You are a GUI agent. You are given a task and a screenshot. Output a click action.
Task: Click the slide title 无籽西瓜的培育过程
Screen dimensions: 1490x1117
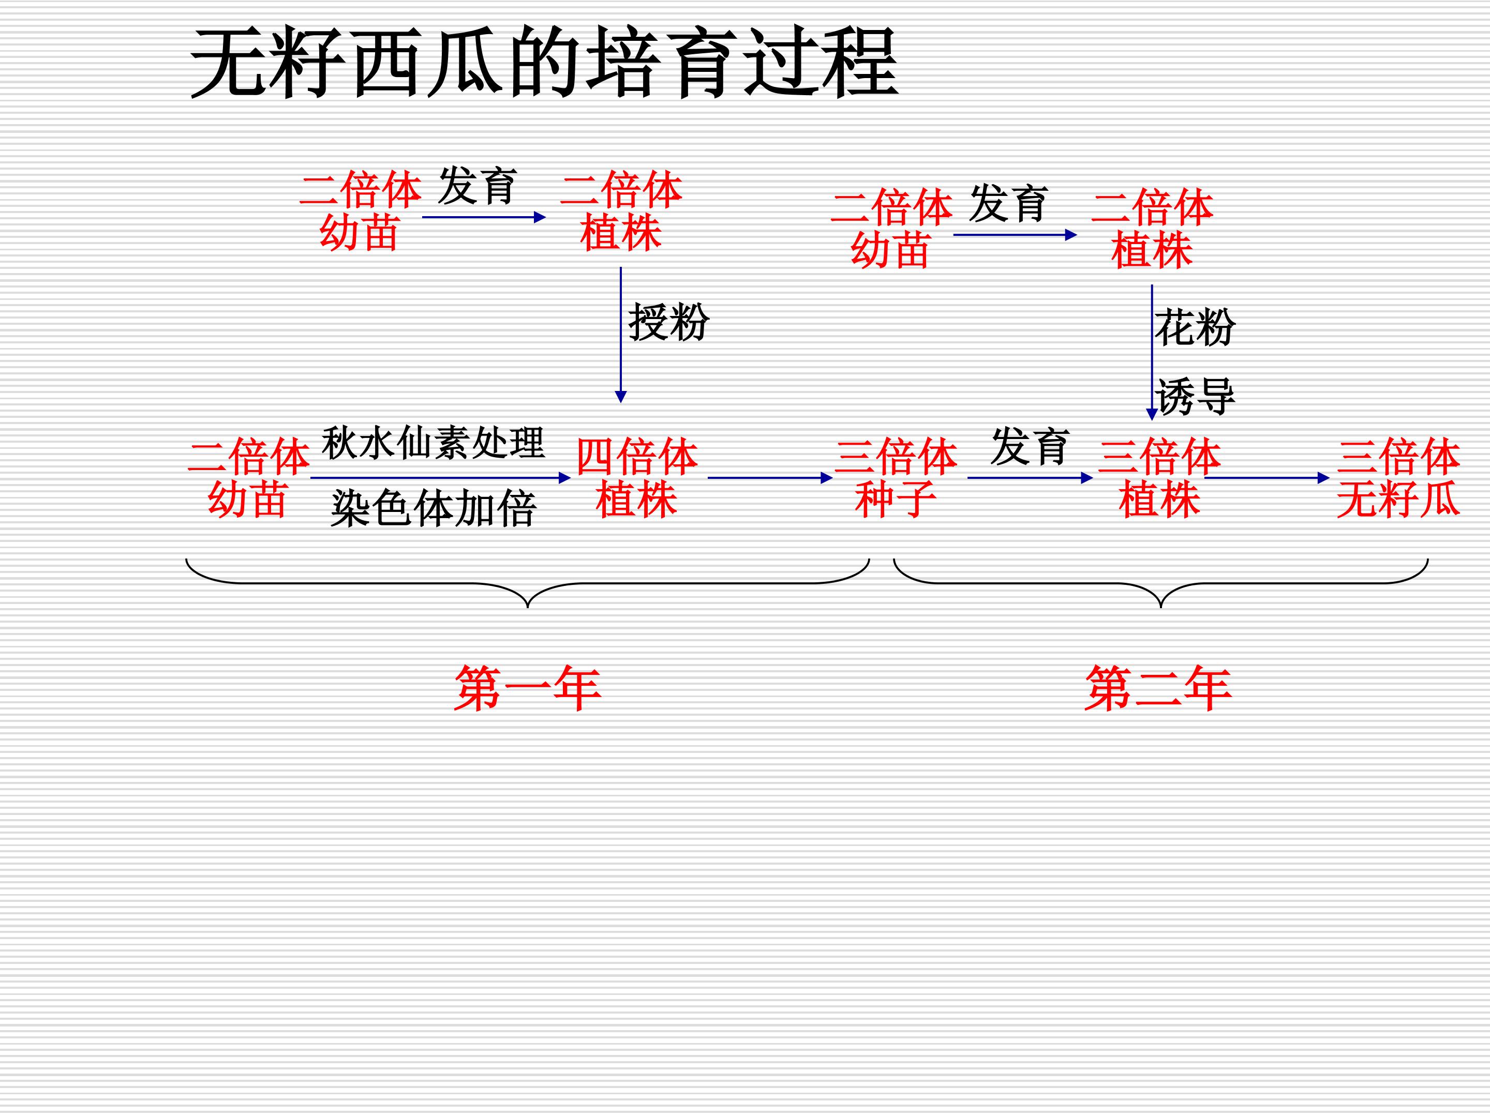544,63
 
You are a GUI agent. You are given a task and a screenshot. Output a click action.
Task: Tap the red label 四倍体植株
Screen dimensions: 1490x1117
636,478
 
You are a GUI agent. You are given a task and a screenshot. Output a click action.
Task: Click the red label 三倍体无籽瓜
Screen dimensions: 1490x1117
1398,478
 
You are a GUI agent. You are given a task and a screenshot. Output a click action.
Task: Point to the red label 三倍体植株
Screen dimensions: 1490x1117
1159,478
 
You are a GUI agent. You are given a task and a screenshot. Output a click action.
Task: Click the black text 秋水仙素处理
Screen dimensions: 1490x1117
433,443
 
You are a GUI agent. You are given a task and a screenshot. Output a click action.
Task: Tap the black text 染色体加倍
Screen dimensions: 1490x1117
433,508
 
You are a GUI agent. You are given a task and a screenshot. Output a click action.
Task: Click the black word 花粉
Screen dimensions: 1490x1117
1195,327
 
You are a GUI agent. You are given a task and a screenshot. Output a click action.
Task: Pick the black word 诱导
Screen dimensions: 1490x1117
1195,396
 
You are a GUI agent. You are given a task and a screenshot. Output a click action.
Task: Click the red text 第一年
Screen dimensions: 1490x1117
527,688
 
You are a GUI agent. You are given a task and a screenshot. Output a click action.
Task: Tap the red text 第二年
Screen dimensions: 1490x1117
1158,688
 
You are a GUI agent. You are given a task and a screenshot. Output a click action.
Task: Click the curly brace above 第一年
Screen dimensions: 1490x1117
527,583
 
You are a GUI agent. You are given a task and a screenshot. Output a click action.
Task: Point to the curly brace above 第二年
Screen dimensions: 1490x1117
1160,583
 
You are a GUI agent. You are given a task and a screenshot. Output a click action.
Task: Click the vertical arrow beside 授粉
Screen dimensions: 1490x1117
621,335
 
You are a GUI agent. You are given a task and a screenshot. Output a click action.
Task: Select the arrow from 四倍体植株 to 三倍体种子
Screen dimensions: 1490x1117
770,478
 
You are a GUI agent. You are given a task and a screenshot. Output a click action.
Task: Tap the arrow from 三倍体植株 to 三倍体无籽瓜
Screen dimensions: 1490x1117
1267,478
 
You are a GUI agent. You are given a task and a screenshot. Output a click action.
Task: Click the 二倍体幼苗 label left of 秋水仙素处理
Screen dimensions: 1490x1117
248,478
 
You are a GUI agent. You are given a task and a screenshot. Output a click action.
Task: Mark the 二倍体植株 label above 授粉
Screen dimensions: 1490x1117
621,211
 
